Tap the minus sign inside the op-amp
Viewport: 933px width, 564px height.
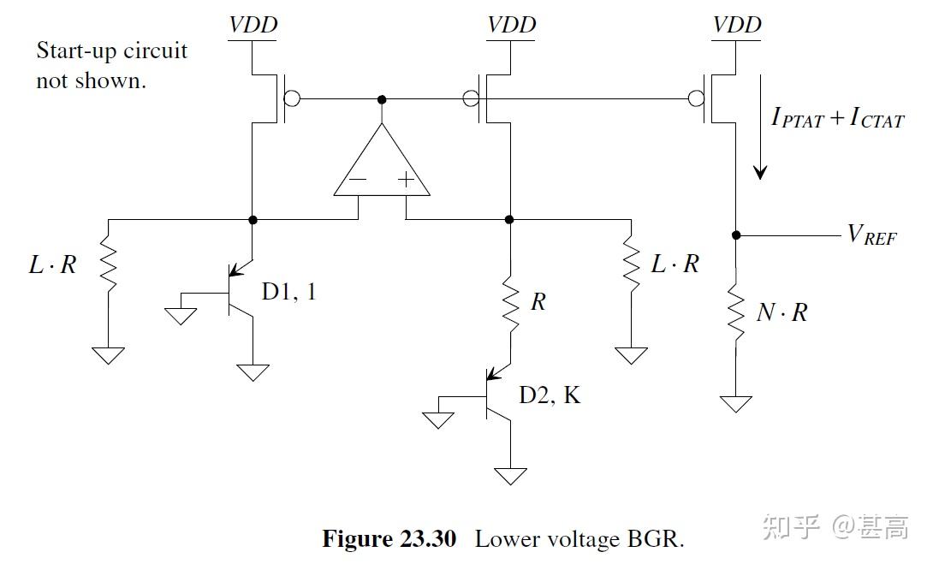coord(358,181)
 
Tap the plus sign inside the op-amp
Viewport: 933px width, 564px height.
coord(405,181)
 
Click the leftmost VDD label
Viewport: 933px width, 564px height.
coord(253,25)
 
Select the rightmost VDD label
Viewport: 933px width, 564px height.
coord(737,25)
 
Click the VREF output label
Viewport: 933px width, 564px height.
coord(871,235)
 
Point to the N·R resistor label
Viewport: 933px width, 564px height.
coord(781,312)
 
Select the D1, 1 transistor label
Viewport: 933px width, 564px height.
coord(288,292)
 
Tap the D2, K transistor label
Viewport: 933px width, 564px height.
coord(549,395)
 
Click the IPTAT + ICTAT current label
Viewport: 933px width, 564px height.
coord(837,118)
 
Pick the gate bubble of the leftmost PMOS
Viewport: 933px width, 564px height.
coord(291,99)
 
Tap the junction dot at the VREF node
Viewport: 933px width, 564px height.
coord(736,235)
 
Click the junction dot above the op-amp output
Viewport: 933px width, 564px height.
coord(382,99)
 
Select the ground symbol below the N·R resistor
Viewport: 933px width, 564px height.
coord(736,403)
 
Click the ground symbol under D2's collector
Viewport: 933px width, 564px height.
coord(510,475)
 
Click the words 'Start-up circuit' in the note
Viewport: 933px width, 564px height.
coord(111,50)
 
